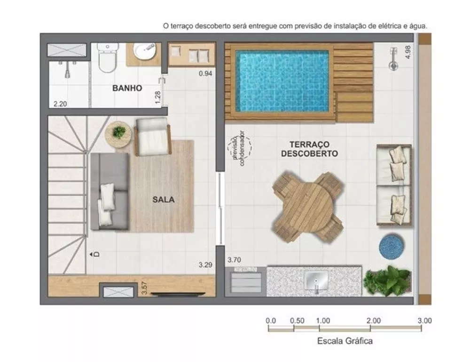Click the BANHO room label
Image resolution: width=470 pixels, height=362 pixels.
tap(126, 88)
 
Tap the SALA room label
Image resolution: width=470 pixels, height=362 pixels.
tap(163, 199)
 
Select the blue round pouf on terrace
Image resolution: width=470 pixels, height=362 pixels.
tap(390, 245)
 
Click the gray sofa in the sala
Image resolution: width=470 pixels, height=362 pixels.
tap(110, 192)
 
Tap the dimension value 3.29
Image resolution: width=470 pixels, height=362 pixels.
tap(205, 265)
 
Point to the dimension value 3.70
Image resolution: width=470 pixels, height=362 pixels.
tap(235, 260)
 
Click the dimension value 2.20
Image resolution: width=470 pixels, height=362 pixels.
tap(60, 104)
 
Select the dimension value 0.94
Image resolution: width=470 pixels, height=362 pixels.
tap(205, 73)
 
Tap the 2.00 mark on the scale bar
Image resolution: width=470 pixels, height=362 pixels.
tap(373, 321)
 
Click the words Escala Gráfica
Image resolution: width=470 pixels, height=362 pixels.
tap(345, 341)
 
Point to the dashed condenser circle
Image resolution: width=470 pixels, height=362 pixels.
tap(239, 147)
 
